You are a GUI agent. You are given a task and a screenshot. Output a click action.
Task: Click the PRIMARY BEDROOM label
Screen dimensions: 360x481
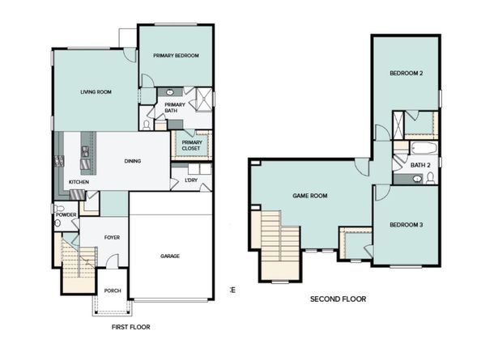click(x=177, y=56)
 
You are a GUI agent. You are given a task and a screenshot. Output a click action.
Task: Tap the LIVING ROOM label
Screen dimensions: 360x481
click(x=96, y=92)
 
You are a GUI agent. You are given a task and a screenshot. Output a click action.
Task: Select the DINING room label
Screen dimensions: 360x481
click(x=133, y=161)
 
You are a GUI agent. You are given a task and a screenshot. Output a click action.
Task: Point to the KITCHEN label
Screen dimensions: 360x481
click(x=79, y=182)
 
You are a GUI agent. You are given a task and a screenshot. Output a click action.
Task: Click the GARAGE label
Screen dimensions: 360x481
click(x=169, y=256)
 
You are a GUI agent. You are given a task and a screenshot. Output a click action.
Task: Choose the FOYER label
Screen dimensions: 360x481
click(x=112, y=238)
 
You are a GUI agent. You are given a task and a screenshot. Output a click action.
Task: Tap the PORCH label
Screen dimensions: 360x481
click(x=112, y=291)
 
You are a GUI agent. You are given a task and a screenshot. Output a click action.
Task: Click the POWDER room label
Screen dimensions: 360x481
click(x=66, y=214)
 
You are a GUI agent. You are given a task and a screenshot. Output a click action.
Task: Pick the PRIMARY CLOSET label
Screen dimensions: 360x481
click(x=192, y=145)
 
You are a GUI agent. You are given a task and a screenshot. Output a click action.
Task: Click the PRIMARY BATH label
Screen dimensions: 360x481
click(x=175, y=108)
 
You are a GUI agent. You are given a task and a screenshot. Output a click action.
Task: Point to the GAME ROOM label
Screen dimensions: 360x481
click(x=309, y=196)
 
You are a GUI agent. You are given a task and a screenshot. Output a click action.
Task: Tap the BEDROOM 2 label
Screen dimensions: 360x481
click(x=407, y=74)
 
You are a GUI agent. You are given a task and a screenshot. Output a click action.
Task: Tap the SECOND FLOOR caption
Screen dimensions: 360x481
click(x=338, y=299)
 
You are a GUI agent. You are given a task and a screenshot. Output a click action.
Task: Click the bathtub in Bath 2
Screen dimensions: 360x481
click(x=422, y=148)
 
